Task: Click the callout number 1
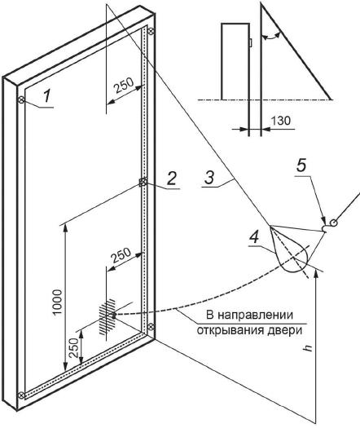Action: coord(47,97)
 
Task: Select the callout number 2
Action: coord(172,179)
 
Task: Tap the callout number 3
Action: coord(209,178)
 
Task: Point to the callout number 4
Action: coord(254,237)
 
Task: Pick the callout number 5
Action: coord(301,165)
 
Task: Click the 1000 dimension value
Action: coord(58,302)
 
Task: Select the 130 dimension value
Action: coord(281,121)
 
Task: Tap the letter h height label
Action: coord(308,347)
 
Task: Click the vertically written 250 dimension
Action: coord(74,348)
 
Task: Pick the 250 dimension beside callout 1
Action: coord(124,86)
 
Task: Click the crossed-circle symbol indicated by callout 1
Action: coord(21,100)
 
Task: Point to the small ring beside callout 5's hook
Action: coord(334,223)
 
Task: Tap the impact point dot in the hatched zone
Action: coord(114,315)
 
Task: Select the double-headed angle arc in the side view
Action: coord(270,38)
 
